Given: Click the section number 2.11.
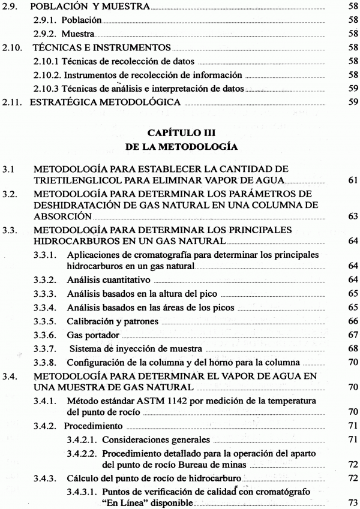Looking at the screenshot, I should pyautogui.click(x=13, y=103).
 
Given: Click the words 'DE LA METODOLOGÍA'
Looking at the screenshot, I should pyautogui.click(x=179, y=146).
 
